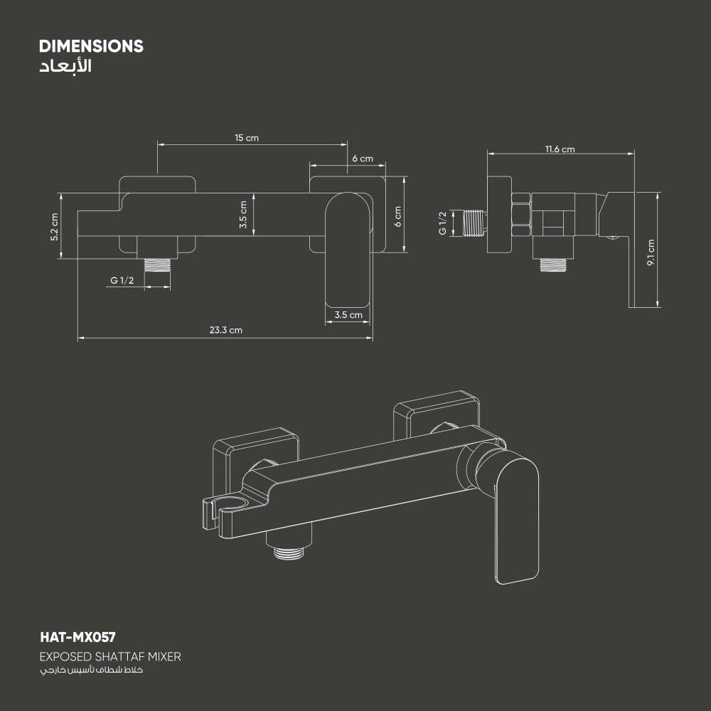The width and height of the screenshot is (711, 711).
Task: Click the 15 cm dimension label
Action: (247, 138)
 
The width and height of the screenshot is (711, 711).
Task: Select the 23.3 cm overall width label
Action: (225, 330)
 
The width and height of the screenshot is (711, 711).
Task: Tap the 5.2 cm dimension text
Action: (54, 227)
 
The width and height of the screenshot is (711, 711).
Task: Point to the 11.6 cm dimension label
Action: (560, 149)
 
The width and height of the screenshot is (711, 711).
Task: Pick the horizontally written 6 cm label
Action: (362, 159)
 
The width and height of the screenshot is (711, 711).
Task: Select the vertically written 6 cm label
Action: (397, 216)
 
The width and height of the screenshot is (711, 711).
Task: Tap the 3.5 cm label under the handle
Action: (348, 314)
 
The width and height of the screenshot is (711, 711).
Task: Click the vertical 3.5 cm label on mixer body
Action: (243, 214)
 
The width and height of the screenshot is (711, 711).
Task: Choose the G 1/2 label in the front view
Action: (122, 281)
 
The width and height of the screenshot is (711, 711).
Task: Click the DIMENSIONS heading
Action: (91, 46)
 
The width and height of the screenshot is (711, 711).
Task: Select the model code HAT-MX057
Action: (77, 638)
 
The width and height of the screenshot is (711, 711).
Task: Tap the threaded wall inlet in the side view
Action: (474, 223)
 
